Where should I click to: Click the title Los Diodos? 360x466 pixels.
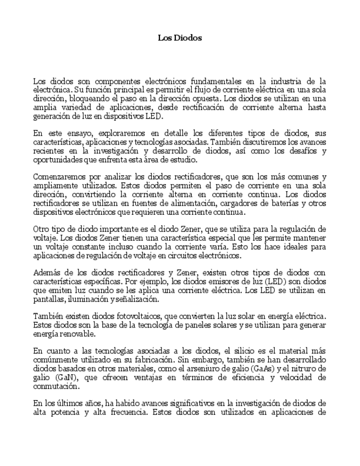[x=180, y=38]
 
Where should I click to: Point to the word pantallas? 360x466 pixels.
[x=49, y=299]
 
